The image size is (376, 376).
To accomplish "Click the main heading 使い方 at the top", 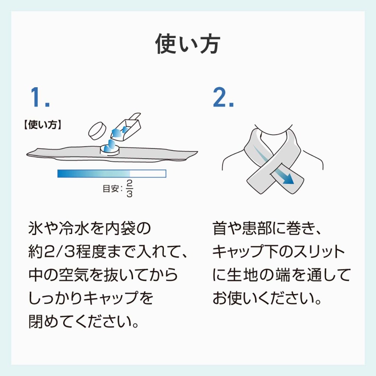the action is click(x=188, y=44).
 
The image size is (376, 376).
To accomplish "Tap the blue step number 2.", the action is click(x=223, y=97).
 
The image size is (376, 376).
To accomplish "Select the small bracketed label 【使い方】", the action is click(x=43, y=125).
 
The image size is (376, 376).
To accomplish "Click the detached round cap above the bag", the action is click(x=97, y=131).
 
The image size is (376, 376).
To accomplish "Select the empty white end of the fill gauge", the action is click(x=148, y=173).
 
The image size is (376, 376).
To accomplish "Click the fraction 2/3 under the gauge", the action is click(x=129, y=188).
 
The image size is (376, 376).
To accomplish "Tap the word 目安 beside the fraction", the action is click(x=111, y=189).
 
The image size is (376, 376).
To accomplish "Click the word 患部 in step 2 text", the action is click(x=256, y=228).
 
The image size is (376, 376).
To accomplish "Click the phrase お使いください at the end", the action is click(x=264, y=299).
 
